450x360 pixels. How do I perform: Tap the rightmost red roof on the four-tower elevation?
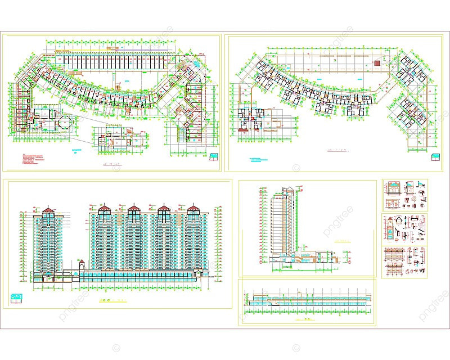193,208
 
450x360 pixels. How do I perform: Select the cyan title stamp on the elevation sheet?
17,296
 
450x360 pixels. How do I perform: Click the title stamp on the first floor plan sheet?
214,156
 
